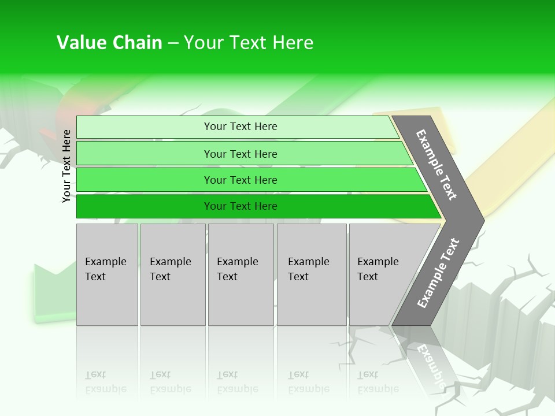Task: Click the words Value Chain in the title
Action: click(x=109, y=43)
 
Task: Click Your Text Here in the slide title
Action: click(x=248, y=43)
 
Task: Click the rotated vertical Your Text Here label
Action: click(x=66, y=166)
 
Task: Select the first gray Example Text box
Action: click(x=107, y=274)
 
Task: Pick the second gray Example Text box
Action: click(x=172, y=274)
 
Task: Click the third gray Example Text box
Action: click(x=240, y=274)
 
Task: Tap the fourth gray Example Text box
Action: click(x=311, y=274)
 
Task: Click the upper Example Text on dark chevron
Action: click(x=436, y=165)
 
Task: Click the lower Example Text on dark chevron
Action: click(x=438, y=273)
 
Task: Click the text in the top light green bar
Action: click(x=240, y=127)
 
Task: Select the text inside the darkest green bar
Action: click(x=240, y=206)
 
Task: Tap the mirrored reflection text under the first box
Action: click(x=106, y=382)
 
